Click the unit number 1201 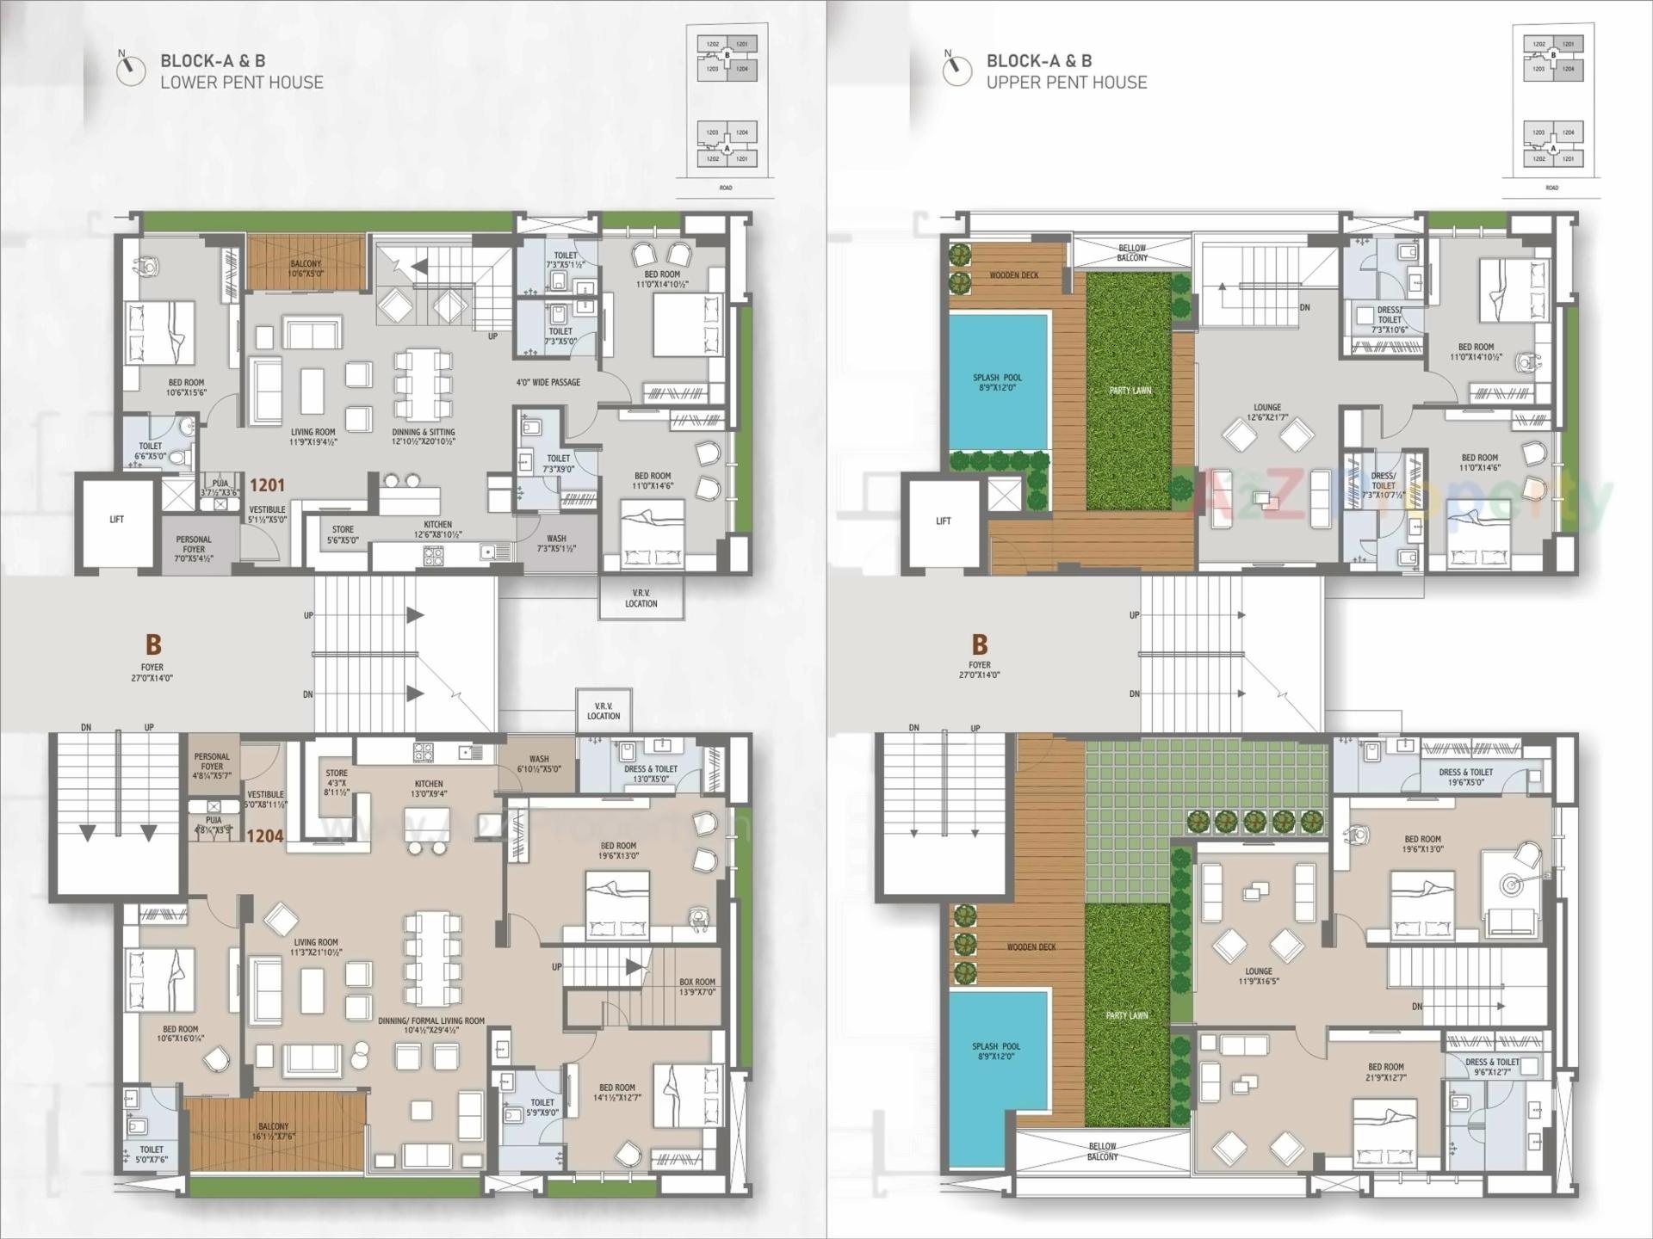tap(267, 485)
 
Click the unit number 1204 tap(265, 835)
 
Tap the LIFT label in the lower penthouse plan tap(117, 520)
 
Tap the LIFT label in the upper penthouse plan tap(944, 521)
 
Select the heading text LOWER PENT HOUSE tap(242, 83)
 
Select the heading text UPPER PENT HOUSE tap(1067, 83)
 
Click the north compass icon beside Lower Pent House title tap(131, 69)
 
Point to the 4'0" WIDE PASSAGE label tap(548, 382)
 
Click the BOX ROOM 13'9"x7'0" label tap(697, 987)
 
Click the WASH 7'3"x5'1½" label tap(556, 543)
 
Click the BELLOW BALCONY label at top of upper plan tap(1132, 252)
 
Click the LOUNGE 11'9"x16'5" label tap(1259, 976)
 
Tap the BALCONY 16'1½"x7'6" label tap(274, 1131)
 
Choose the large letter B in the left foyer tap(153, 644)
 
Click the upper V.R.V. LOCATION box tap(641, 598)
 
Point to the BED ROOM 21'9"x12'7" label tap(1386, 1072)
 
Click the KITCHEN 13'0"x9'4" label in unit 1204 tap(429, 789)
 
